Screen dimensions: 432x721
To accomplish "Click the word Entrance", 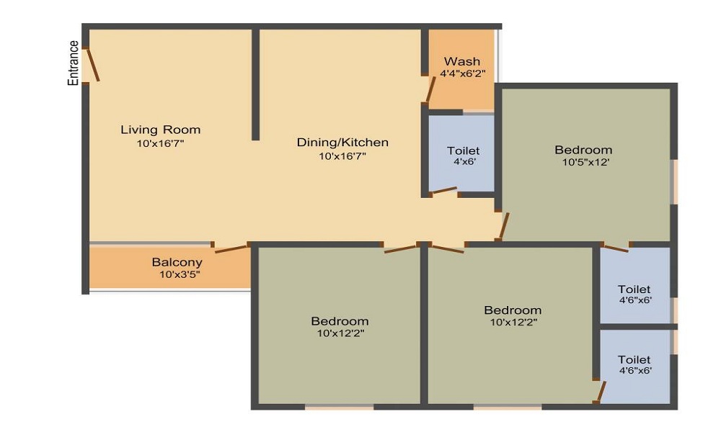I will point(73,63).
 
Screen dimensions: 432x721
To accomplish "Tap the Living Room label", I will point(160,130).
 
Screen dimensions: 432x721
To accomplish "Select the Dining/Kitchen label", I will point(342,143).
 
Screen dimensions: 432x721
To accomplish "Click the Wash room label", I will point(462,61).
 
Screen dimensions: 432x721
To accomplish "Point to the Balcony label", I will point(177,262).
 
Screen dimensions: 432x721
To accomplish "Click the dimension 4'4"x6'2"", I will point(462,73).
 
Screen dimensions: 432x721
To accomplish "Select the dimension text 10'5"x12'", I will point(586,162).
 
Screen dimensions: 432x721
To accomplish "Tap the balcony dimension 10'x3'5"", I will point(179,274).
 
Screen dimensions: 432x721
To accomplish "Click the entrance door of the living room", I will point(92,65).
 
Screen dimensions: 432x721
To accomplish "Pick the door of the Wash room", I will point(430,90).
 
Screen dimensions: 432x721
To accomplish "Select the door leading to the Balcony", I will point(231,249).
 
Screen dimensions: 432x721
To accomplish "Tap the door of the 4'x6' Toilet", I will point(443,191).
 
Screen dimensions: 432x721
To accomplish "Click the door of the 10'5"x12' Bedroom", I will point(504,226).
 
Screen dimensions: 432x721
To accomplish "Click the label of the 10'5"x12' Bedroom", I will point(583,150).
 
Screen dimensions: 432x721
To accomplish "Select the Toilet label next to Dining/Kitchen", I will point(463,150).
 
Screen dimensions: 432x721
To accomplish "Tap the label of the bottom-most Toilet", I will point(634,359).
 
